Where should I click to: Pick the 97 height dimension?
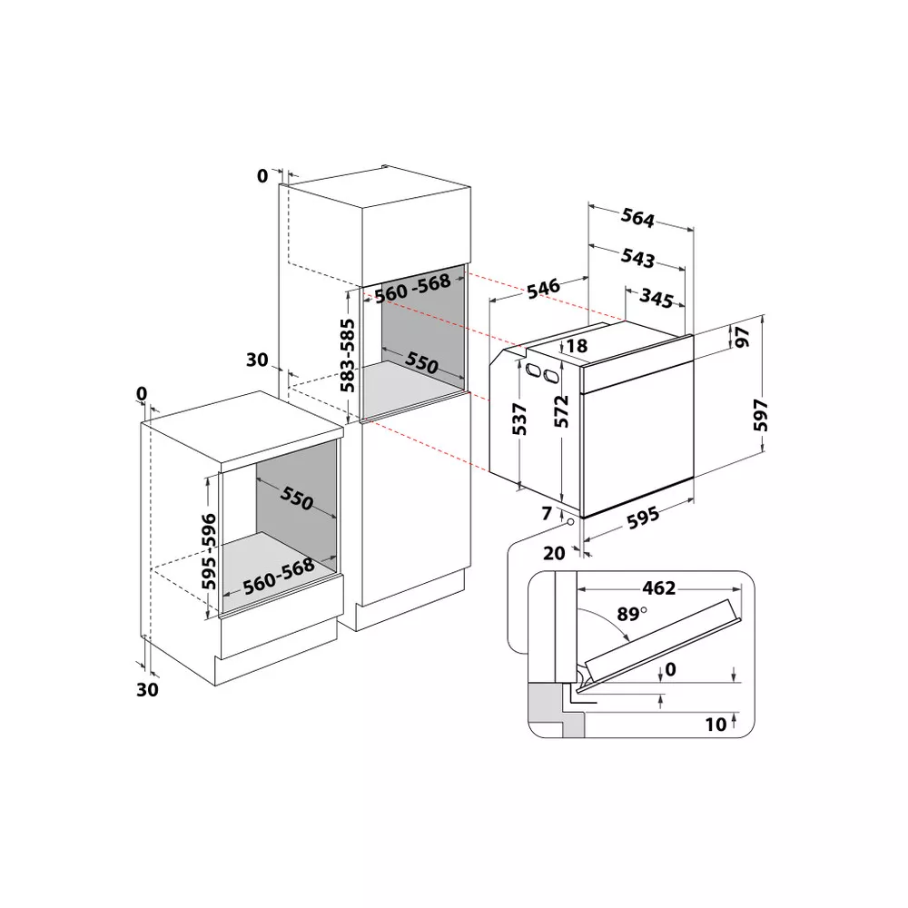(x=742, y=337)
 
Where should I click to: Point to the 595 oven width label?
(x=642, y=517)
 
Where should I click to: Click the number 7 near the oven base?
(x=546, y=514)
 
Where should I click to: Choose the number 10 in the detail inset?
(x=716, y=724)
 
